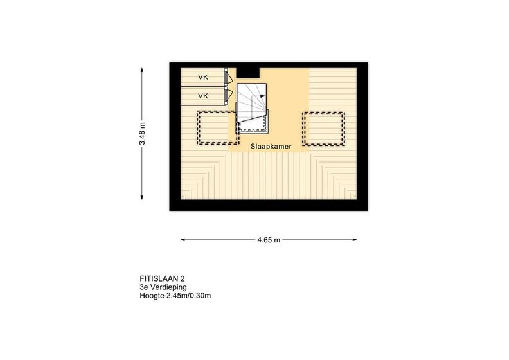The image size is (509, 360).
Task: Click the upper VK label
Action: point(203,77)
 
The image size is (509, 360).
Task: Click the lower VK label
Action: point(203,96)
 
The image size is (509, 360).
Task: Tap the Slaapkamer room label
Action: point(271,147)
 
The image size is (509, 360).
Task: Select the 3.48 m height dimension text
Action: point(142,134)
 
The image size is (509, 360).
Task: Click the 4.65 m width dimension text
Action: point(269,240)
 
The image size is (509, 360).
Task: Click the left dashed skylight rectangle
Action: point(218,128)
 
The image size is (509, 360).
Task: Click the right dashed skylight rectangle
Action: point(323,129)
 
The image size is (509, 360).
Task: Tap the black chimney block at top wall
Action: point(247,73)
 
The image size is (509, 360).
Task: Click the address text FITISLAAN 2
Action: point(163,278)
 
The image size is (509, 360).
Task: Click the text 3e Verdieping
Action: point(163,287)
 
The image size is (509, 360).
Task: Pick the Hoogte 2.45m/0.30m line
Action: point(175,296)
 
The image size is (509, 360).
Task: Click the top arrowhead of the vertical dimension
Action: point(142,69)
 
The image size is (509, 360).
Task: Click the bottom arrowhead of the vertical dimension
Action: point(142,197)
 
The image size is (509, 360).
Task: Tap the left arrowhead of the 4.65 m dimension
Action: point(183,240)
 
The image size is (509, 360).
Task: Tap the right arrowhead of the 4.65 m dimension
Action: point(355,240)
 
